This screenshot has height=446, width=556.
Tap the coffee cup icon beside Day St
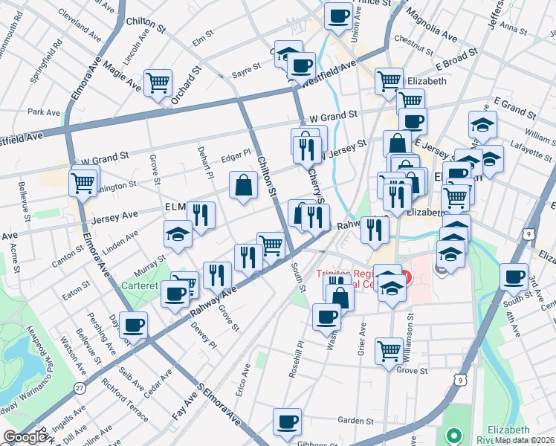[134, 324]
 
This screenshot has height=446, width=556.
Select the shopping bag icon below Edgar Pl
[244, 184]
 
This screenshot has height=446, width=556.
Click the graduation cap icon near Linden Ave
[178, 233]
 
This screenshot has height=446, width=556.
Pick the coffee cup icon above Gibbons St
[287, 421]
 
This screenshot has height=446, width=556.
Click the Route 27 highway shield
[79, 387]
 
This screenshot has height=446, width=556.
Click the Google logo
[25, 437]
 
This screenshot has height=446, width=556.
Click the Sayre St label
[245, 67]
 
